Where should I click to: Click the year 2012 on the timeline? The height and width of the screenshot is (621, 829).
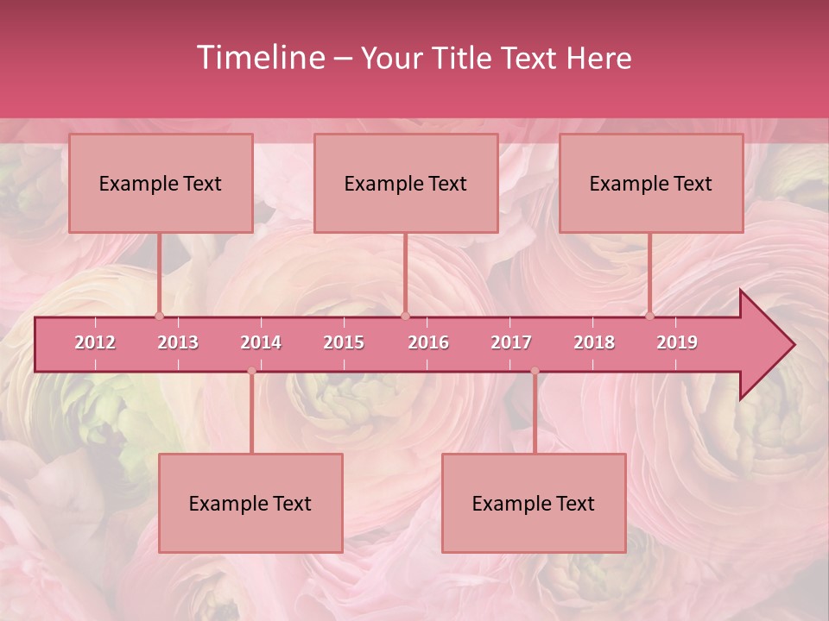point(95,342)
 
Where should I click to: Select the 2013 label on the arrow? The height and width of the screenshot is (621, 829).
point(178,342)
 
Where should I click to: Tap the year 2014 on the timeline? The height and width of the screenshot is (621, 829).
point(261,342)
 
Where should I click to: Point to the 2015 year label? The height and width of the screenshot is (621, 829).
point(344,342)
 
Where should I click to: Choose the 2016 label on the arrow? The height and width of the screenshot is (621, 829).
point(428,342)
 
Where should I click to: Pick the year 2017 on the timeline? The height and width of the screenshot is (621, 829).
point(511,342)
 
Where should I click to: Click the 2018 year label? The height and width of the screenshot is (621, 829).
point(594,342)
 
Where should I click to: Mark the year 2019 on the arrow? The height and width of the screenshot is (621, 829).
point(677,342)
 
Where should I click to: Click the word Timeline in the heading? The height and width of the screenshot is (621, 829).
point(259,58)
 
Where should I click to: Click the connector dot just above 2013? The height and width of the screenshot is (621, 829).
point(159,316)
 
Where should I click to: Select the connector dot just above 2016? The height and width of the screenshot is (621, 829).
point(405,316)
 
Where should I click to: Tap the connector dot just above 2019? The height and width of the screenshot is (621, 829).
point(650,316)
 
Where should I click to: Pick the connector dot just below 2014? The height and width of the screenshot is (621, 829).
point(251,371)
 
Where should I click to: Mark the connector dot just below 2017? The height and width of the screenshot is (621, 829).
point(535,371)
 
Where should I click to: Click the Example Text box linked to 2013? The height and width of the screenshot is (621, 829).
point(161,183)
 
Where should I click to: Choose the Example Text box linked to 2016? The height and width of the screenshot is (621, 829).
point(406,183)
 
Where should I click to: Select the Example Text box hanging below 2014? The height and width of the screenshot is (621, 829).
point(250,503)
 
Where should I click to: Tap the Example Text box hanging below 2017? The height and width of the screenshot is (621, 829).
point(534,503)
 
